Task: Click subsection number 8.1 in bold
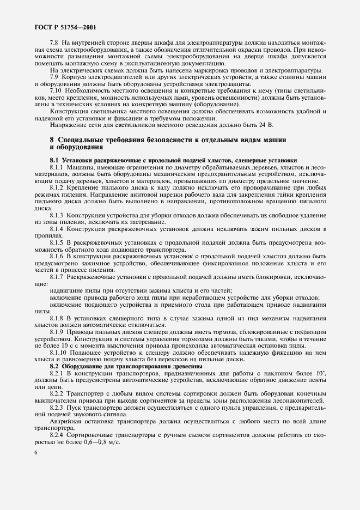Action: coord(54,160)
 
